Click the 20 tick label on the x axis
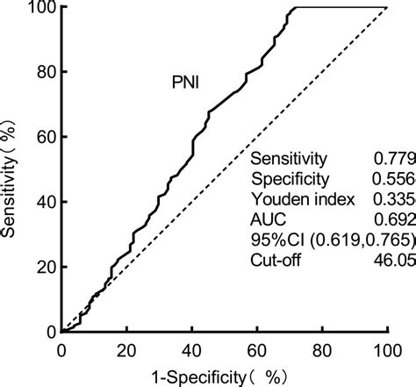coord(126,350)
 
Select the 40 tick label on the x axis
coord(191,350)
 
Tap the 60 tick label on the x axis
coord(257,350)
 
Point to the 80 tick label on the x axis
coord(322,350)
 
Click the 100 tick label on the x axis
coord(387,350)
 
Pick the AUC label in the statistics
coord(267,219)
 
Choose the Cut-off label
coord(276,260)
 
